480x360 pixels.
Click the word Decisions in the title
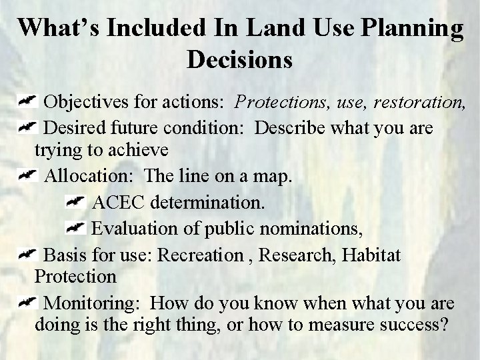pos(240,59)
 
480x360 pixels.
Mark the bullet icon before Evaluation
pos(76,227)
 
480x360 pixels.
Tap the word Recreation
pos(207,255)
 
